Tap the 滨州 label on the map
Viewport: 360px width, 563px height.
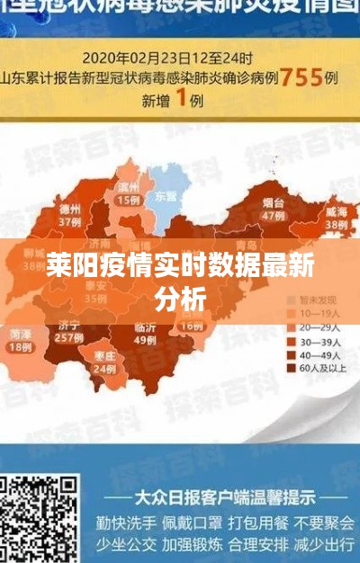(x=128, y=187)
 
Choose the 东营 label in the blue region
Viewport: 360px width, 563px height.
(x=166, y=194)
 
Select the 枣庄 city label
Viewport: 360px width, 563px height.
(x=106, y=356)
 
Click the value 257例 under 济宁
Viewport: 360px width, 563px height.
(x=68, y=338)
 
